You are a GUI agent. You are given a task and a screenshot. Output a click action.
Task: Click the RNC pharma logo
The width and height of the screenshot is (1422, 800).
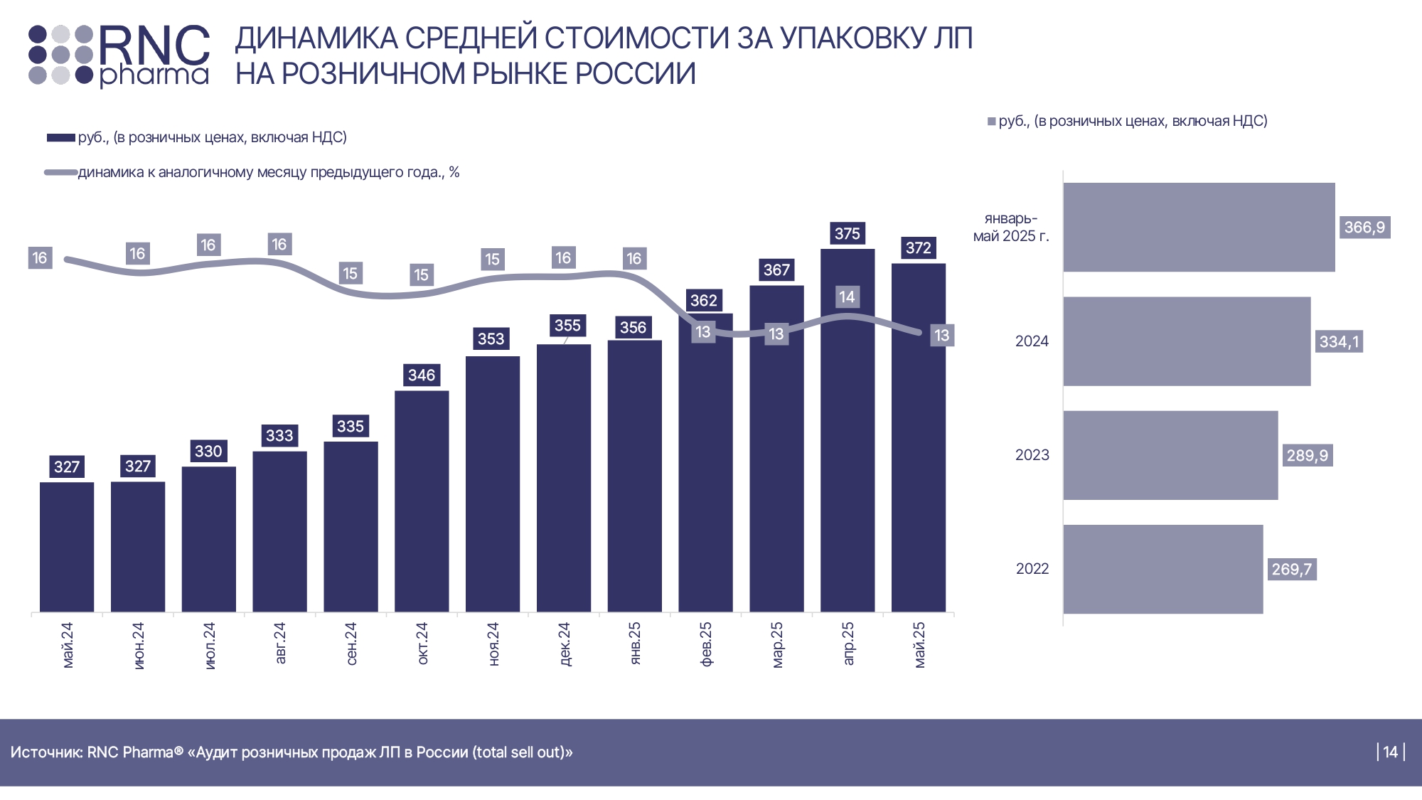tap(119, 55)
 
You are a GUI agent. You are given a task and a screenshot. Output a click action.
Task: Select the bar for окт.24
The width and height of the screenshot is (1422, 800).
tap(422, 501)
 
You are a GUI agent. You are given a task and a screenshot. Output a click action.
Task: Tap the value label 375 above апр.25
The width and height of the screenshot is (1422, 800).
tap(847, 233)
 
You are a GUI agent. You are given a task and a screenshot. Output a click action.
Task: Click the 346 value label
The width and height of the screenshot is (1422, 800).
tap(422, 375)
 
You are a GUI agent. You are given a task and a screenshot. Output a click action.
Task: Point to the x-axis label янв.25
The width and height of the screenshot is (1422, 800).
tap(635, 644)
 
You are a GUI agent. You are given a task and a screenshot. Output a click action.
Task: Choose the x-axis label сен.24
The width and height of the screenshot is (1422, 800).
tap(351, 644)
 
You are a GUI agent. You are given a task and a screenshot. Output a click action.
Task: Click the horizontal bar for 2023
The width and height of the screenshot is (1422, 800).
tap(1170, 455)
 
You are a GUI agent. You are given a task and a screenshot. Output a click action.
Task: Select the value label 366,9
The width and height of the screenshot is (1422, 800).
tap(1364, 228)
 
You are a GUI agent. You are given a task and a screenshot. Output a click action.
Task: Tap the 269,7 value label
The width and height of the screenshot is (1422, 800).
tap(1291, 569)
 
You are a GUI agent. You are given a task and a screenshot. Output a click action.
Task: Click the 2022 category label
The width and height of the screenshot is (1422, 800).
tap(1032, 569)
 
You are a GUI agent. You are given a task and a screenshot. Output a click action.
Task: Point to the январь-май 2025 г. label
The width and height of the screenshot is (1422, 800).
tap(1010, 228)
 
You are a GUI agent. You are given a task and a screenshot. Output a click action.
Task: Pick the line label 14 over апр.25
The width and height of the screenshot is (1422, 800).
tap(846, 297)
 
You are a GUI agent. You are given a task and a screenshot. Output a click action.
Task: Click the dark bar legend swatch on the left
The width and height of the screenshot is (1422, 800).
tap(60, 138)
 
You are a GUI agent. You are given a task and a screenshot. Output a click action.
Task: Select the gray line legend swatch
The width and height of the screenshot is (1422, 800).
tap(60, 173)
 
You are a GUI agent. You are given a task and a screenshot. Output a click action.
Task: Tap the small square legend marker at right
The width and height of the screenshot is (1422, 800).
tap(991, 122)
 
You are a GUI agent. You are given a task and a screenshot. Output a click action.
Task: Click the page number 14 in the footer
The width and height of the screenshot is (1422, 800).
tap(1390, 752)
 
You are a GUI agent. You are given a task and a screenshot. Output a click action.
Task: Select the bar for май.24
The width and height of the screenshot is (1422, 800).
tap(67, 547)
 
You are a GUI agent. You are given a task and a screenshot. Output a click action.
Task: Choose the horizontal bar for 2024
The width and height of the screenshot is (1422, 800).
tap(1187, 341)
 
